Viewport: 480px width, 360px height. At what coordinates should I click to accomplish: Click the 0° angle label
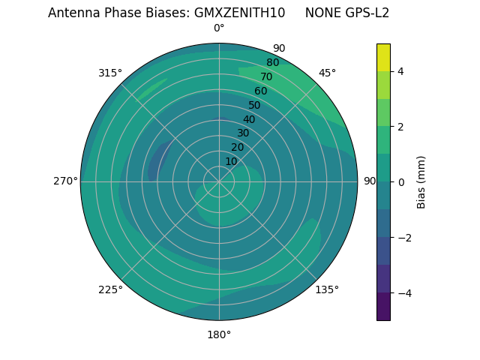click(219, 28)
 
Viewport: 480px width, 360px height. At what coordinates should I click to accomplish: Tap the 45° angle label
click(328, 73)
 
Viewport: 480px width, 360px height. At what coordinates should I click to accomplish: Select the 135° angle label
click(327, 289)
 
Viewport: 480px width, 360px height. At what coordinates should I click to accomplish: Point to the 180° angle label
click(219, 334)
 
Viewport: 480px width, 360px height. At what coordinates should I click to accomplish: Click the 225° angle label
click(110, 289)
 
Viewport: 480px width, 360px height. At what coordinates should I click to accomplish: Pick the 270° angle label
click(65, 181)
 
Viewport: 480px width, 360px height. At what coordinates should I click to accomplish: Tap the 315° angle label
click(110, 73)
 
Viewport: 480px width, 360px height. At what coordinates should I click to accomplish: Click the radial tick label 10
click(231, 161)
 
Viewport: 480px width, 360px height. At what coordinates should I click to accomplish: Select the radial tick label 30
click(243, 133)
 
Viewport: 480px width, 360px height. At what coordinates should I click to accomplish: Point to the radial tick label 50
click(255, 106)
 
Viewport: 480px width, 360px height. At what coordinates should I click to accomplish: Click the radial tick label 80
click(272, 63)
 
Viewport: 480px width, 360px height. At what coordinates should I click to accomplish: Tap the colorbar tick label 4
click(401, 71)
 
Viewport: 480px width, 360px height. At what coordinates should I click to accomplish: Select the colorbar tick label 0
click(401, 182)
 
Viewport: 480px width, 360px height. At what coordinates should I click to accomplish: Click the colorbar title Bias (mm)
click(421, 182)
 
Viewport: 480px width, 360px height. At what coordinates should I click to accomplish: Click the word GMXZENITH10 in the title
click(239, 13)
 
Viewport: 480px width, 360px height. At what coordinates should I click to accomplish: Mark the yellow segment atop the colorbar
click(383, 57)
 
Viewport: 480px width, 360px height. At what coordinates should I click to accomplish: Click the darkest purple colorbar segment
click(383, 307)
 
